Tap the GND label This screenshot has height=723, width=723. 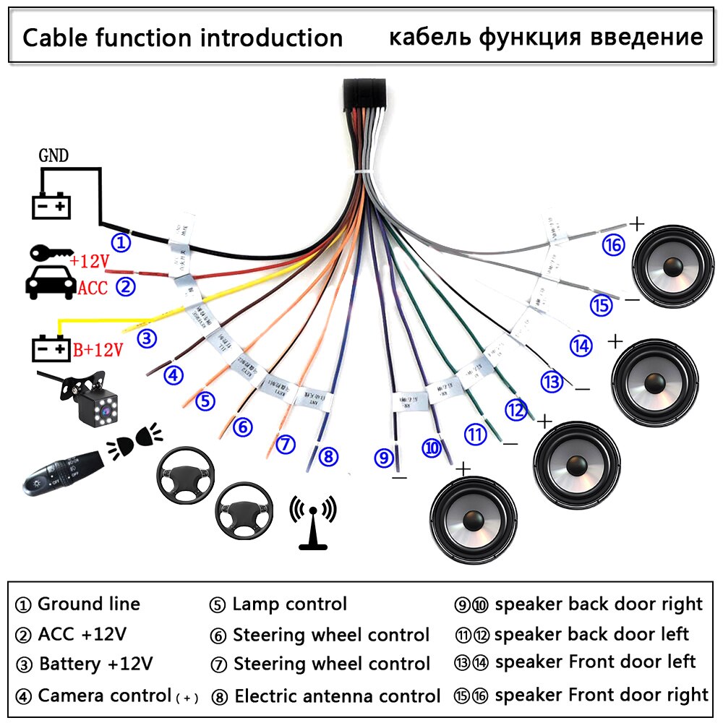(55, 155)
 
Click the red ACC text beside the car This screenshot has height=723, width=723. (93, 288)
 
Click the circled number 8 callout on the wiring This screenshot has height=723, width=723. (328, 456)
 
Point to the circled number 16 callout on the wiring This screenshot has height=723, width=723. (613, 246)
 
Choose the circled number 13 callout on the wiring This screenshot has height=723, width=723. (552, 381)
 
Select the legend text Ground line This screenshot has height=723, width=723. (88, 604)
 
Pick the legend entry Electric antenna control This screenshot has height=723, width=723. (337, 697)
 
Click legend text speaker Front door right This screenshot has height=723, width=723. (602, 696)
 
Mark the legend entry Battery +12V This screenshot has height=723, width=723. (95, 664)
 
